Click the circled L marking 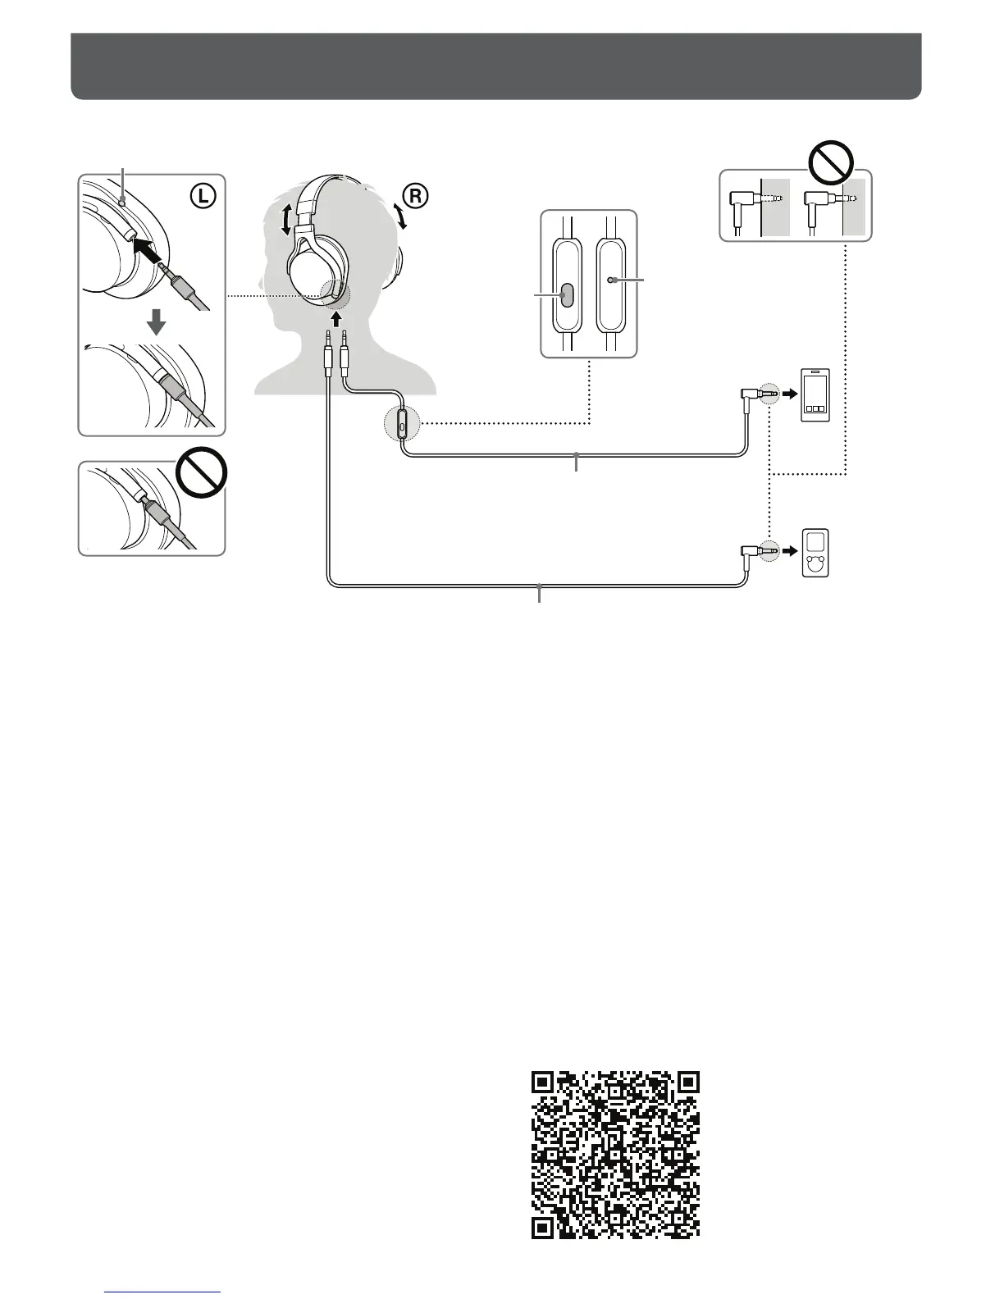click(203, 197)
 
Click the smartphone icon click(815, 396)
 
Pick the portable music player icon click(815, 553)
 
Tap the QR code click(616, 1155)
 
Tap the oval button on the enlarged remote click(566, 295)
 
